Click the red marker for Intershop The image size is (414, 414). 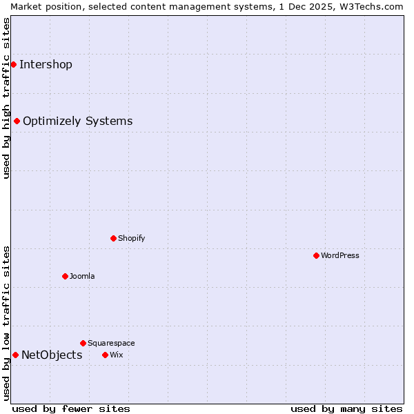click(x=13, y=64)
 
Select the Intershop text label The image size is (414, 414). click(x=46, y=65)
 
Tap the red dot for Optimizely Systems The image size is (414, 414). click(x=17, y=121)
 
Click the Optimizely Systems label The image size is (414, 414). click(x=77, y=121)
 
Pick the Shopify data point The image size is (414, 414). click(x=113, y=238)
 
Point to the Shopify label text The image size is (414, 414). click(x=131, y=239)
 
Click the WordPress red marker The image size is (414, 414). click(x=316, y=255)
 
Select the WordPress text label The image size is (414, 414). click(x=340, y=256)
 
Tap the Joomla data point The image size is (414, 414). click(x=65, y=276)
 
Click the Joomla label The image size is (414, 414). click(x=82, y=277)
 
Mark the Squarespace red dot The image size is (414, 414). click(x=83, y=343)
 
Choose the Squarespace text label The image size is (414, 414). click(x=111, y=344)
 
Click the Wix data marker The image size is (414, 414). click(x=105, y=355)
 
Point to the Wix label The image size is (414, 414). click(x=116, y=355)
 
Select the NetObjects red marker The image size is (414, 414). click(x=15, y=355)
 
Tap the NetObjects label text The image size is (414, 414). click(x=52, y=355)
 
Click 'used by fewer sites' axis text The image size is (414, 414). click(x=71, y=408)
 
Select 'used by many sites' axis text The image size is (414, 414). click(x=346, y=408)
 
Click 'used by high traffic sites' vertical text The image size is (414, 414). click(x=6, y=98)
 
